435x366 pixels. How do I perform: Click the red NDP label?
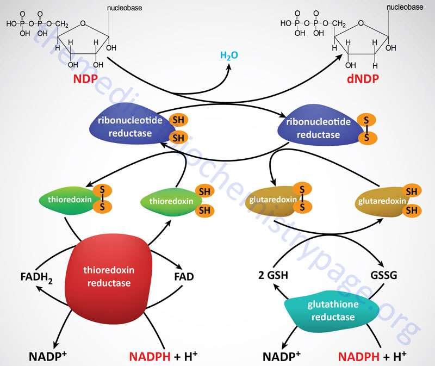click(85, 79)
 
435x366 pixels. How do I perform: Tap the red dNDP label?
click(363, 79)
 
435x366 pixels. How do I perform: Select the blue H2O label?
click(229, 55)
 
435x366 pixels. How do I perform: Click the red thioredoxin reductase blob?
click(108, 280)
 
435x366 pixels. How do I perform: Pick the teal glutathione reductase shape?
click(332, 311)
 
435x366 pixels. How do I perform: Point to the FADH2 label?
click(36, 277)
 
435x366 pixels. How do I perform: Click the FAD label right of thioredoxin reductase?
click(184, 277)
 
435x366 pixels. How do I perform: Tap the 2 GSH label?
click(273, 275)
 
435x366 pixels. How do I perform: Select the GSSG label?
click(384, 275)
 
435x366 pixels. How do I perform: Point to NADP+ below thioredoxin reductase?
click(48, 356)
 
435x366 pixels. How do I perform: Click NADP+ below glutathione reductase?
click(281, 356)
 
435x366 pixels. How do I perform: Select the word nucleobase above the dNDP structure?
click(405, 7)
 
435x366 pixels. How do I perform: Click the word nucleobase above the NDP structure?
click(125, 8)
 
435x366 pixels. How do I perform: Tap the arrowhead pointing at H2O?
click(228, 67)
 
